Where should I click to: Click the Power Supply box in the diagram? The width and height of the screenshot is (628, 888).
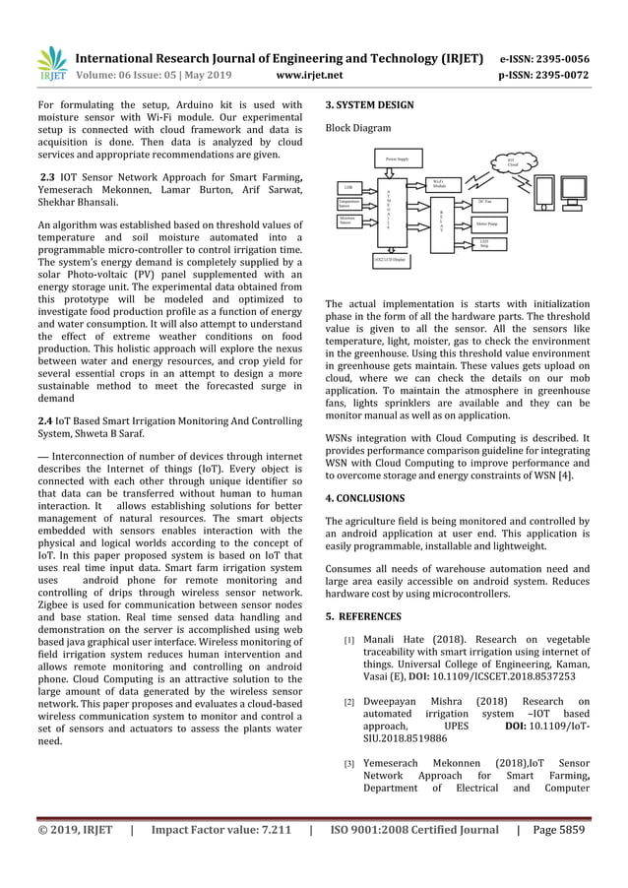pyautogui.click(x=397, y=158)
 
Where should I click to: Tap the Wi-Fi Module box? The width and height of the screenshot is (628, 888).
pyautogui.click(x=442, y=184)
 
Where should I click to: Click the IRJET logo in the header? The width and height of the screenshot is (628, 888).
pyautogui.click(x=51, y=64)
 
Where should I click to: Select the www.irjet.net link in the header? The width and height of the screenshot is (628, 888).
pyautogui.click(x=310, y=73)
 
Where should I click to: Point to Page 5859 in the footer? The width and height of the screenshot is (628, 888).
pyautogui.click(x=559, y=829)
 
